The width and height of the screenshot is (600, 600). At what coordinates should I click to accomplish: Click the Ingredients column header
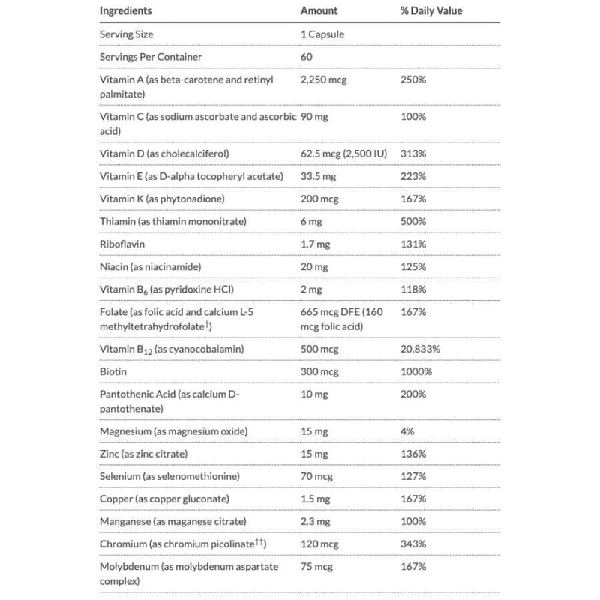pos(125,11)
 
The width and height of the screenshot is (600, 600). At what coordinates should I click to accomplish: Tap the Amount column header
pos(319,11)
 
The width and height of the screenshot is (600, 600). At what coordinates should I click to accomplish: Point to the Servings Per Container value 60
pos(306,57)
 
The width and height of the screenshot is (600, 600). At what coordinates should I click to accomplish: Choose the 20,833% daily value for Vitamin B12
pos(424,349)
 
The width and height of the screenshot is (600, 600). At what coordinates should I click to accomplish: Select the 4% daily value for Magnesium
pos(407,431)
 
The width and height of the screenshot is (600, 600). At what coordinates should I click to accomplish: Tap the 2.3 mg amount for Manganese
pos(316,521)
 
